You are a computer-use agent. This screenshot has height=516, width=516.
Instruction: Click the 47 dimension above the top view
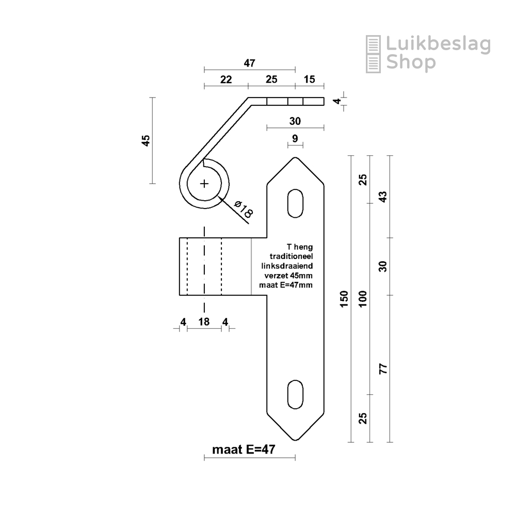250,63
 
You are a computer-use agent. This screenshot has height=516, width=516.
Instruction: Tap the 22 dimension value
226,79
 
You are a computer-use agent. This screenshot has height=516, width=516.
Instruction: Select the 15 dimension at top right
310,79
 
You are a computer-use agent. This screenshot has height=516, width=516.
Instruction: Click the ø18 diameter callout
243,209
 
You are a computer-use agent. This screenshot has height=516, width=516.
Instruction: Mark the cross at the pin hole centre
205,183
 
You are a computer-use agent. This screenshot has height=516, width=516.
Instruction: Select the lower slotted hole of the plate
295,395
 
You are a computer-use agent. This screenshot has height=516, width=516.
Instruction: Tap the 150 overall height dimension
345,299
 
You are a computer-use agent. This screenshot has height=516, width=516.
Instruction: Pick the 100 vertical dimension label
363,299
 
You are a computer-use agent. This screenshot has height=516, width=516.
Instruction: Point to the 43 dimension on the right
383,197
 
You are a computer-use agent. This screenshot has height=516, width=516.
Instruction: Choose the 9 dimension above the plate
295,138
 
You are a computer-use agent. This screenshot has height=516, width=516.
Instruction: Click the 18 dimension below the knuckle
204,322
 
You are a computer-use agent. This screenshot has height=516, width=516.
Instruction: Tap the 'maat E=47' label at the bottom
243,449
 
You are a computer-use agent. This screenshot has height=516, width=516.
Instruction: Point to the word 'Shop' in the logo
411,62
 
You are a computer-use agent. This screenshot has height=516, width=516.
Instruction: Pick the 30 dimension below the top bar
295,121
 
